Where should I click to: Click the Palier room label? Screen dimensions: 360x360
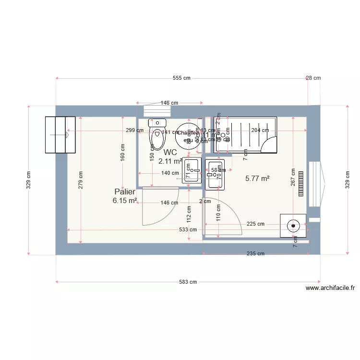point(125,192)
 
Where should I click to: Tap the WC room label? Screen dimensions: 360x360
point(170,152)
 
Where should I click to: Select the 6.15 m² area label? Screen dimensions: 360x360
point(125,201)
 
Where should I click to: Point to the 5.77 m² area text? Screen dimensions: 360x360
point(257,178)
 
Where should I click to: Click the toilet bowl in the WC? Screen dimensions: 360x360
point(157,138)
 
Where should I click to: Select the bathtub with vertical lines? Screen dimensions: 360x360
point(245,134)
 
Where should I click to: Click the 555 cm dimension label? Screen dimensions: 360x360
point(181,78)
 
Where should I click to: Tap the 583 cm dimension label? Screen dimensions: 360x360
point(188,282)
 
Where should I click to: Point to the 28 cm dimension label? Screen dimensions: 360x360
point(313,78)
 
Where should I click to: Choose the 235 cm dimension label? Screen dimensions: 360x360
point(256,253)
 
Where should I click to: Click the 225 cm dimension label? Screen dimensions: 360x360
point(255,224)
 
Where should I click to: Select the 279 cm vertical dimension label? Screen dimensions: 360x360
point(81,180)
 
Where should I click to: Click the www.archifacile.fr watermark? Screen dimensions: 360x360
point(330,288)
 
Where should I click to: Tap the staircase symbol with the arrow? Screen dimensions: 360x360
point(60,135)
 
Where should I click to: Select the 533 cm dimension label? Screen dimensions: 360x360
point(188,229)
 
